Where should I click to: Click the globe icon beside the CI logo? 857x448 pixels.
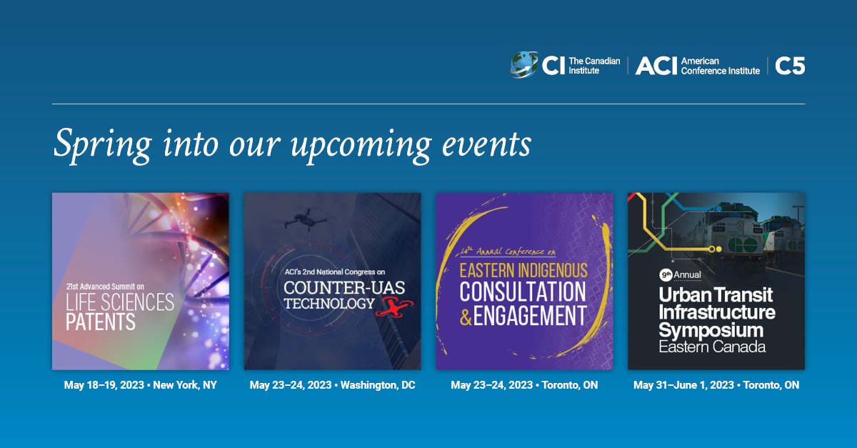coord(524,65)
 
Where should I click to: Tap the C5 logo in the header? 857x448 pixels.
coord(790,66)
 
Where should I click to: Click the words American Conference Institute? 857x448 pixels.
coord(720,66)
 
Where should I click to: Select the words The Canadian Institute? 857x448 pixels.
coord(593,66)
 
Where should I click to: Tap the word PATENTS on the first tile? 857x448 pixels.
coord(101,322)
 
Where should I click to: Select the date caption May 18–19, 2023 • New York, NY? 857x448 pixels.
coord(140,385)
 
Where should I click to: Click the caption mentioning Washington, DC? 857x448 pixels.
coord(332,385)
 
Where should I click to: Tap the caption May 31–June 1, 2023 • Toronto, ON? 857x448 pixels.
coord(716,385)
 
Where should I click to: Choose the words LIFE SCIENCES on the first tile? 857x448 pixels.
coord(120,302)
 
